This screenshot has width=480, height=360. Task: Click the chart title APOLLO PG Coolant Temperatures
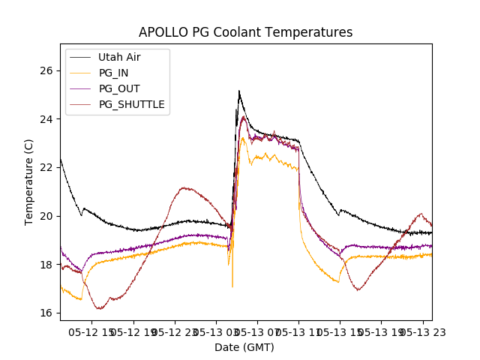point(245,32)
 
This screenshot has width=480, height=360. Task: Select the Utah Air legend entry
point(118,57)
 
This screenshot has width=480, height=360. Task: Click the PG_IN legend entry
point(113,73)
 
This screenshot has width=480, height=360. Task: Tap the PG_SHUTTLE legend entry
point(131,104)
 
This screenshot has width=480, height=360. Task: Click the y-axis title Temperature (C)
point(29,181)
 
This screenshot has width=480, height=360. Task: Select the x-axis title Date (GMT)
point(244,347)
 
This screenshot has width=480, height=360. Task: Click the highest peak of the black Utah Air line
point(239,91)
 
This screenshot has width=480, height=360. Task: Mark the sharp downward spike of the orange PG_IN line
point(232,286)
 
